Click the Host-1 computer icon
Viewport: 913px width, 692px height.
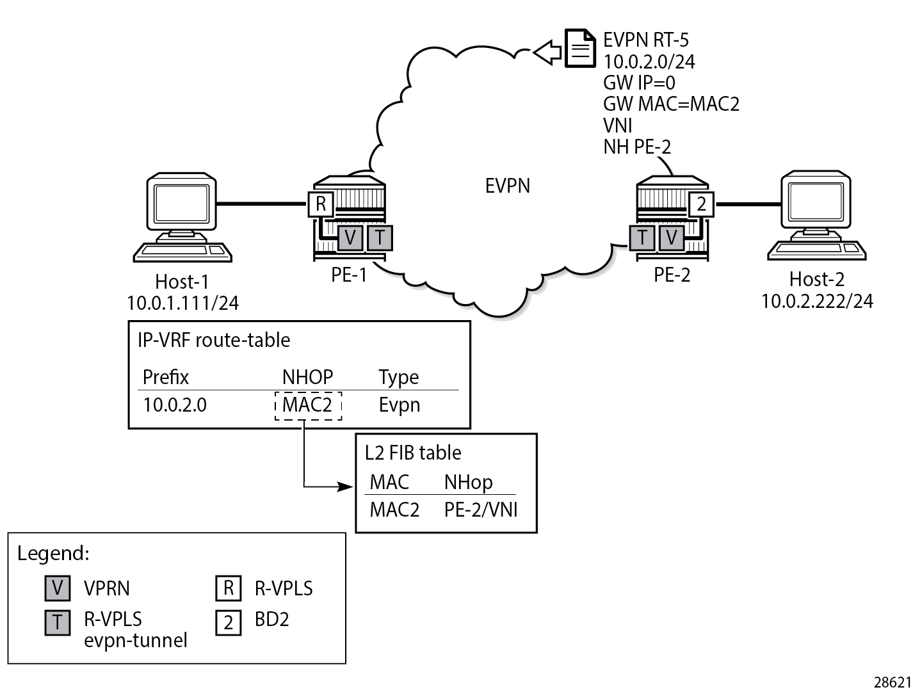181,218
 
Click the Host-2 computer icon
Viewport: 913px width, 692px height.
817,215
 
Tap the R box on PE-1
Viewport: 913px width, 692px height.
321,204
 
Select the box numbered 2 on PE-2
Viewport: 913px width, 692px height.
702,204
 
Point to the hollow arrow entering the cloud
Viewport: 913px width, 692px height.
546,52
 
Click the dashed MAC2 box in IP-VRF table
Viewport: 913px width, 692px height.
308,405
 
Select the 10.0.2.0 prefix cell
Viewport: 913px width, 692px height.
174,405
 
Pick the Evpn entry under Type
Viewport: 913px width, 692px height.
400,405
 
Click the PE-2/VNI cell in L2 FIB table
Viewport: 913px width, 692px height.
481,510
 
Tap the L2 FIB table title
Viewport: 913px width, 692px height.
413,453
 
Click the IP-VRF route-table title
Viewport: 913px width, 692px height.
214,340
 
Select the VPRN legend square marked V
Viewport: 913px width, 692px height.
57,588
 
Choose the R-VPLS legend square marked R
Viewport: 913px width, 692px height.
229,588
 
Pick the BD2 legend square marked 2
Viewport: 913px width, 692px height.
229,621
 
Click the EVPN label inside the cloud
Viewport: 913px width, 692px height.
508,186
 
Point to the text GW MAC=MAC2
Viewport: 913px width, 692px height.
671,104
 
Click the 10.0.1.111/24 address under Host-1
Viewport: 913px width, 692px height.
182,303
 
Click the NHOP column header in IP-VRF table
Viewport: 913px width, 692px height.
307,377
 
